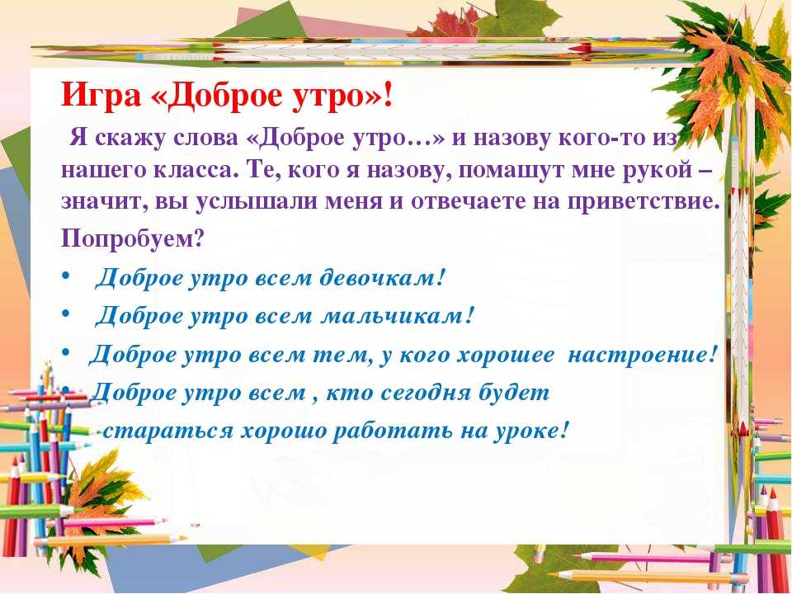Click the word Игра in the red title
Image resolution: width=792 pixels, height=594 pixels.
tap(101, 95)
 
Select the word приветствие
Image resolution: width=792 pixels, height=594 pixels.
tap(643, 201)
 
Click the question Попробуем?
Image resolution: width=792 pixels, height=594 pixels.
tap(132, 238)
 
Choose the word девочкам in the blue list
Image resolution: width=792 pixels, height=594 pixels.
tap(384, 277)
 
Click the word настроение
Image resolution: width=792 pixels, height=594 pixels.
tap(643, 355)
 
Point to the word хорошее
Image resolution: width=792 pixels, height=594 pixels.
tap(506, 355)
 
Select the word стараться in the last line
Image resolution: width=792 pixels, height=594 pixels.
tap(167, 431)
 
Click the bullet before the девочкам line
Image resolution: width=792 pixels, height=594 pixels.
tap(66, 276)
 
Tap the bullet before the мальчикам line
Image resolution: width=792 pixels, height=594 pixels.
tap(66, 313)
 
